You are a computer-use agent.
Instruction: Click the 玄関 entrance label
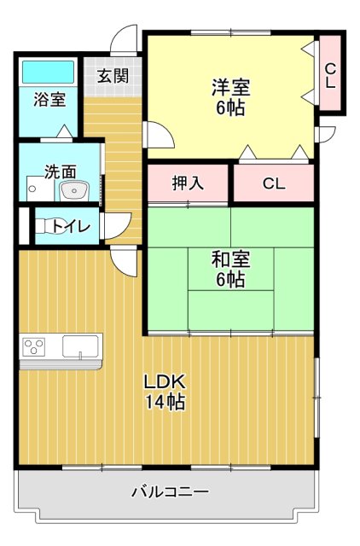coord(112,75)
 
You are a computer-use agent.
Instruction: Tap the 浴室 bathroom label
coord(49,99)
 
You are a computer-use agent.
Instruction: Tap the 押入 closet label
coord(188,183)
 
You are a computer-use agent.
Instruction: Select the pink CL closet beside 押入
coord(273,183)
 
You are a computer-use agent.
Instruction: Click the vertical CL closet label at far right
coord(330,75)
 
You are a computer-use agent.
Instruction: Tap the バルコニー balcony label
coord(170,492)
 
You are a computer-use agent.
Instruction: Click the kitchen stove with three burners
coord(34,347)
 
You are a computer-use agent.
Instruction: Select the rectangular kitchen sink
coord(80,347)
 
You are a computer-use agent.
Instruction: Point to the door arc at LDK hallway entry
coord(125,260)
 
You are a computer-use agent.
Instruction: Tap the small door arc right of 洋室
coord(325,134)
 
